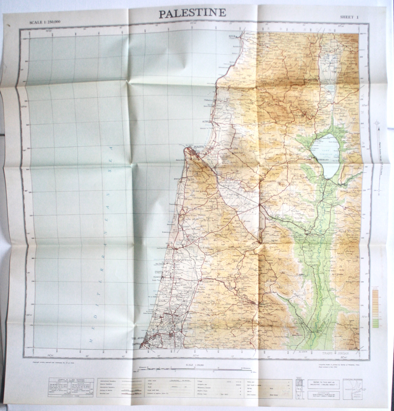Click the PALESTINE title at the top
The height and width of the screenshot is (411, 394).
[192, 13]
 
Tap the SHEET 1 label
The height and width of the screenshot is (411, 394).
[349, 17]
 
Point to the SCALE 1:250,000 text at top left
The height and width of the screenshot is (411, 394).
[45, 22]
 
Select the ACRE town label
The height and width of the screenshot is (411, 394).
[206, 122]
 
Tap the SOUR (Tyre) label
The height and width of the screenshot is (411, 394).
[233, 36]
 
